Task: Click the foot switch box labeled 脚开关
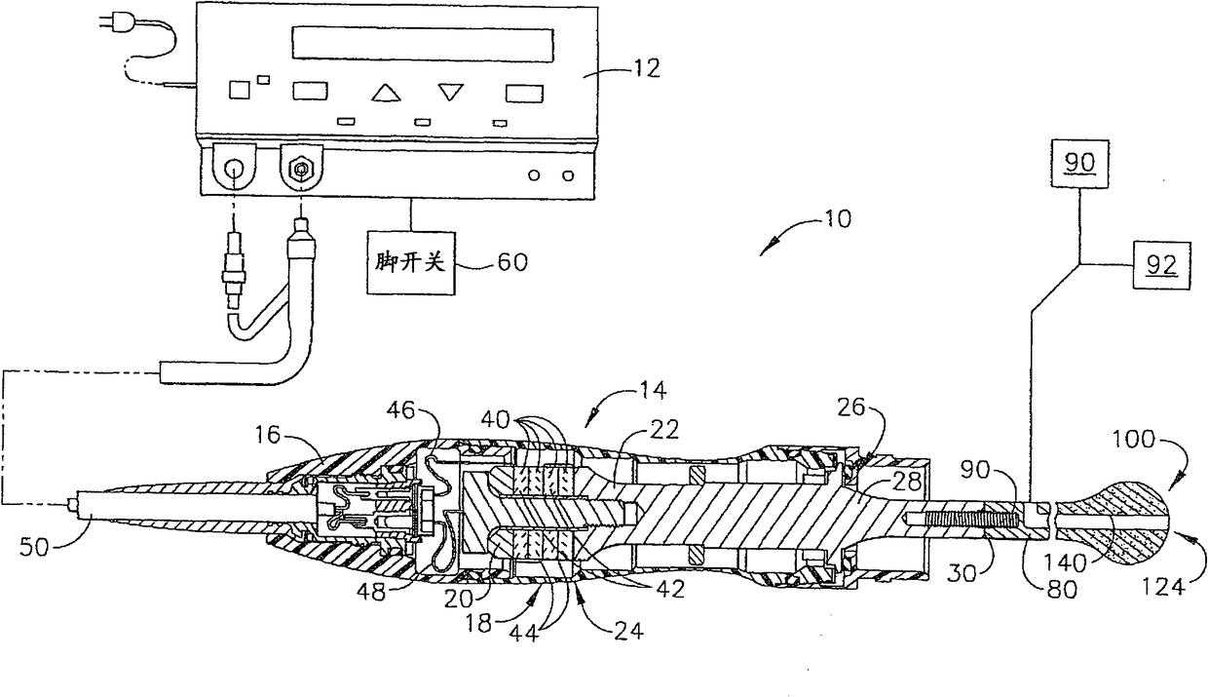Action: pos(410,263)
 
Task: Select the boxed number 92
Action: pos(1161,265)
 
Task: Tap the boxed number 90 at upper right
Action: pos(1079,164)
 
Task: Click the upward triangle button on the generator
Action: pos(386,93)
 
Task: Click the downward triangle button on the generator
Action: pos(451,92)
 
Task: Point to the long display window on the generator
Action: pos(423,44)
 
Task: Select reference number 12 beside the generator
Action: pos(646,69)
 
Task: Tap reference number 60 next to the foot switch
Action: pos(511,263)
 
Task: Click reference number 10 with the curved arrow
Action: pos(837,219)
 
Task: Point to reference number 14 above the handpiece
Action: pos(653,390)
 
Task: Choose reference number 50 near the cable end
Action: pos(34,547)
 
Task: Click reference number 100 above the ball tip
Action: pos(1134,440)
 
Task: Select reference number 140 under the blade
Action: pos(1065,563)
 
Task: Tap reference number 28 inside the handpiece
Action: pos(907,482)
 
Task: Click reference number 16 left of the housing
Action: pos(268,434)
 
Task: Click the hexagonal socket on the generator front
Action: pos(301,170)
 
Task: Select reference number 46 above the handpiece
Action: pos(401,410)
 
